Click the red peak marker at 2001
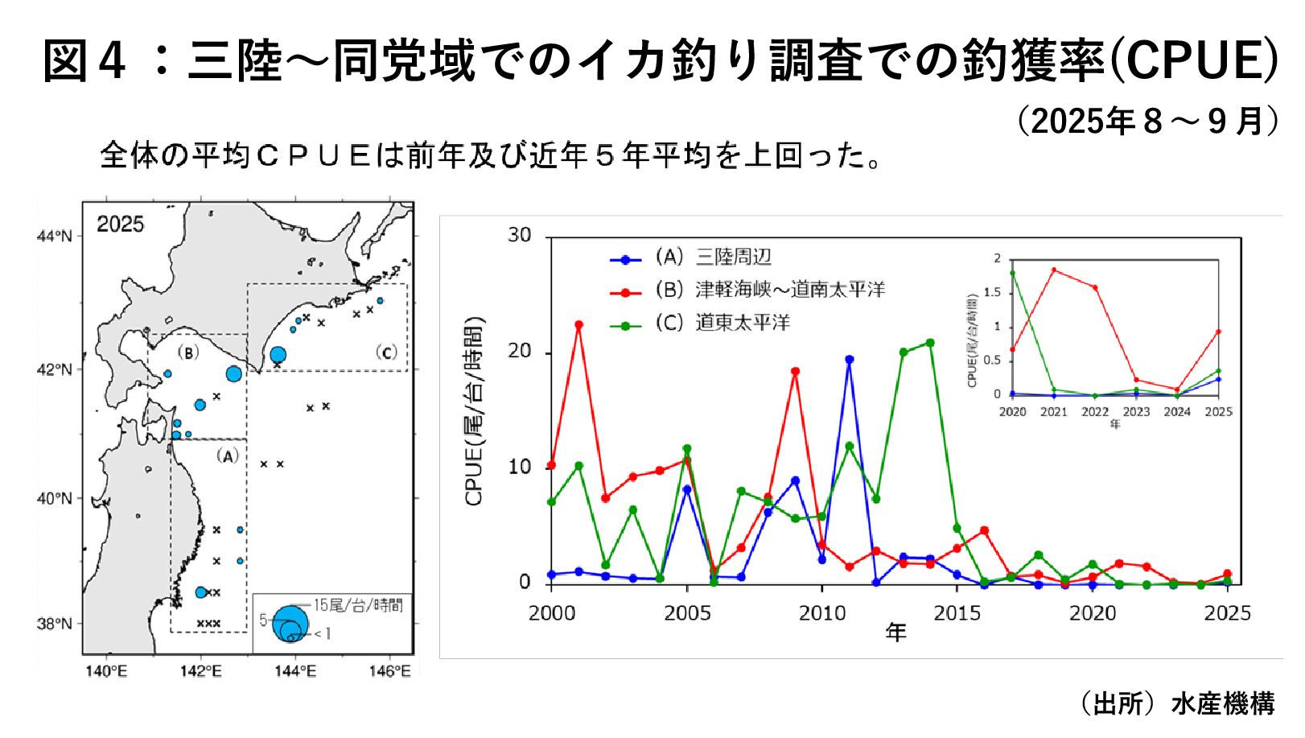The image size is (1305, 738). pos(578,325)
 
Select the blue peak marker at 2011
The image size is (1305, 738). pos(849,360)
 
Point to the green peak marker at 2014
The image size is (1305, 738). pos(930,343)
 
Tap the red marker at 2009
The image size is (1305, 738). pos(795,372)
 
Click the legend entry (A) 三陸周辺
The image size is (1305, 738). pos(713,258)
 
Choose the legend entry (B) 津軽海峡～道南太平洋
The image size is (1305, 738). pos(769,290)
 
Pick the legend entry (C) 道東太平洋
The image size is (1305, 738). pos(722,323)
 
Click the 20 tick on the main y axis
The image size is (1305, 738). pos(520,351)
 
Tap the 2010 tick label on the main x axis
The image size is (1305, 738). pos(821,613)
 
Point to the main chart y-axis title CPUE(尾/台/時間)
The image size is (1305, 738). pos(474,411)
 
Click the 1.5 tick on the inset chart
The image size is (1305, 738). pos(993,292)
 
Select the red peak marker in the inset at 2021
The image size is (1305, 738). pos(1053,270)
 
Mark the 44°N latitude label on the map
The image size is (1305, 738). pos(55,236)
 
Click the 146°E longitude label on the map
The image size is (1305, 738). pos(389,671)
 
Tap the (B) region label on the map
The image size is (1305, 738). pos(187,353)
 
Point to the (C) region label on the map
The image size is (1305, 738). pos(386,353)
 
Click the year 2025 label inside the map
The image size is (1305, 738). pos(120,225)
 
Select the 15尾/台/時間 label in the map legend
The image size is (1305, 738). pos(358,605)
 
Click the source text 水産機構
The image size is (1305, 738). pos(1223,703)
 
